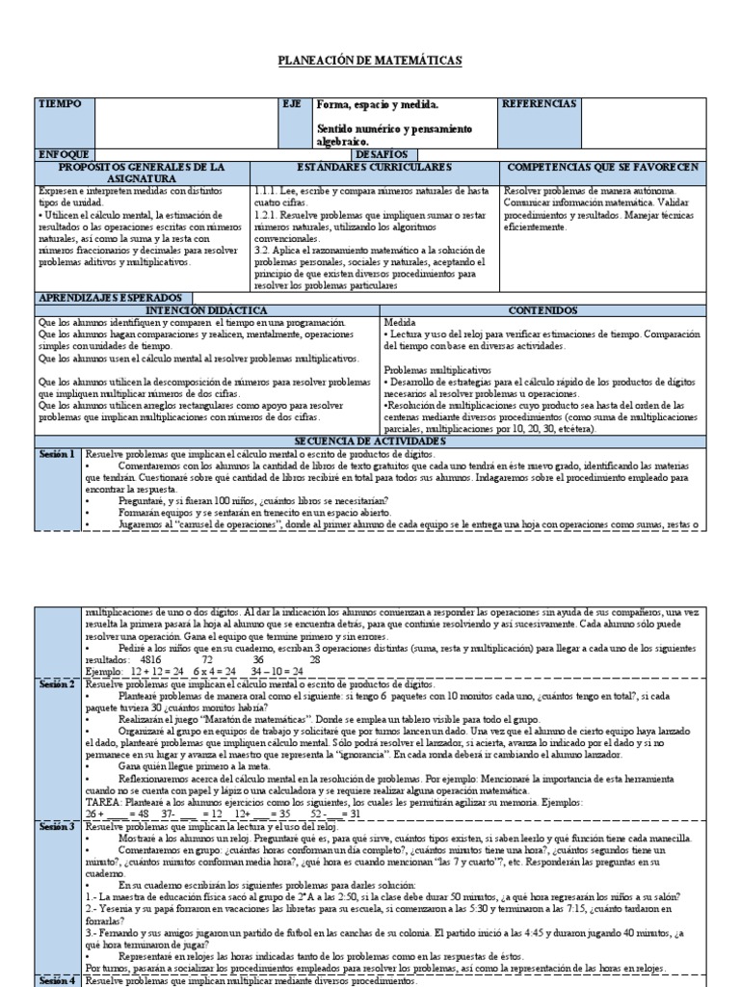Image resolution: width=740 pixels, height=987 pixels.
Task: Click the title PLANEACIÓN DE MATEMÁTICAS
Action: tap(370, 61)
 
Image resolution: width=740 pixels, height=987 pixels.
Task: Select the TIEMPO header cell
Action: tap(60, 103)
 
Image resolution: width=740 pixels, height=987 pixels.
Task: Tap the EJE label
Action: tap(292, 103)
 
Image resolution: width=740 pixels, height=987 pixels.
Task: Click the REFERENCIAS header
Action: tap(541, 103)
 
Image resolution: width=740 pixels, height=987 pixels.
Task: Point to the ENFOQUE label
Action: tap(64, 154)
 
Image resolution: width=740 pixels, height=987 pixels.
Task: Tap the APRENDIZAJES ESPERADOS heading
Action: tap(113, 298)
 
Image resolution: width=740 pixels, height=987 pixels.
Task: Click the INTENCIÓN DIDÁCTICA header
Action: tap(206, 310)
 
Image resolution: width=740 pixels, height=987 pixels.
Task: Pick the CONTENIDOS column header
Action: tap(543, 310)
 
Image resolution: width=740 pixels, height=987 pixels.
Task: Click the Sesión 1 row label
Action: tap(57, 453)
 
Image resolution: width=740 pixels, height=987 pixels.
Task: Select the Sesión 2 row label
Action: tap(57, 683)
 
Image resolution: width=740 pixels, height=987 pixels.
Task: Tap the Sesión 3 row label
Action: tap(57, 826)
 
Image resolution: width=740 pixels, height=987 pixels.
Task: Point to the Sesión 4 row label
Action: tap(57, 981)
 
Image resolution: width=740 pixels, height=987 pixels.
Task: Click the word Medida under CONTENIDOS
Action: tap(401, 321)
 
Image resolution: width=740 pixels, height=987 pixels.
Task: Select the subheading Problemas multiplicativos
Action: tap(436, 370)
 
